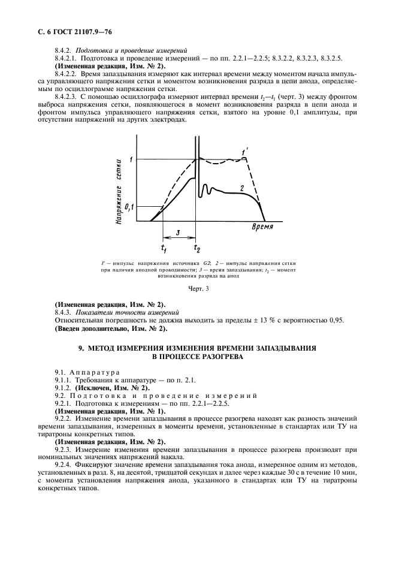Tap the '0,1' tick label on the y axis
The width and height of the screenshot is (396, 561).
pos(127,207)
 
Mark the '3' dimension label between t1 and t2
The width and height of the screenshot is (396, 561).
pos(178,232)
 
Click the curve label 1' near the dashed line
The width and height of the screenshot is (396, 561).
pos(245,152)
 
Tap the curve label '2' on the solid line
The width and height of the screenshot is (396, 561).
pos(241,188)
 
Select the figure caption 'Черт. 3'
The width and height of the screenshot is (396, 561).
pos(198,289)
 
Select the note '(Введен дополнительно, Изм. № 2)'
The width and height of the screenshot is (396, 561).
pos(111,328)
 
